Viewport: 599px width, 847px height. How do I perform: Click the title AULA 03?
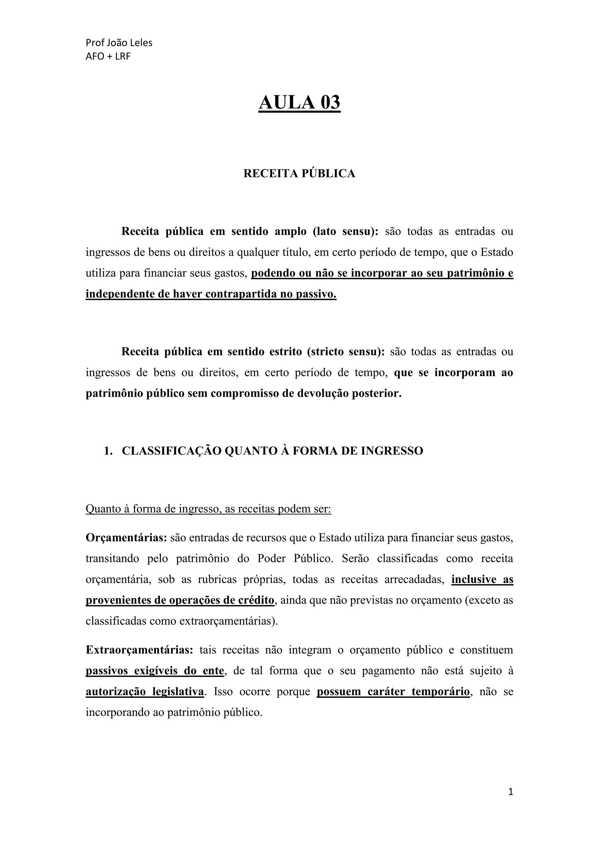(x=299, y=103)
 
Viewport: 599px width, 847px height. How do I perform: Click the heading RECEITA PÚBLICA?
(x=299, y=173)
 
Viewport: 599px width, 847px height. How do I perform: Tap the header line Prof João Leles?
(x=119, y=43)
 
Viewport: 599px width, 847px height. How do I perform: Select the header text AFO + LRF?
(x=108, y=56)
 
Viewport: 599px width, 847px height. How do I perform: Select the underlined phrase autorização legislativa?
(x=144, y=691)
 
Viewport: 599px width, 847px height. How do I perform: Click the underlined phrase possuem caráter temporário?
(x=393, y=691)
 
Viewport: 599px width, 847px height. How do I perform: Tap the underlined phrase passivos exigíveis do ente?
(x=154, y=671)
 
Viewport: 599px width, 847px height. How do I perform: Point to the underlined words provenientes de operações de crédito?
(x=180, y=600)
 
